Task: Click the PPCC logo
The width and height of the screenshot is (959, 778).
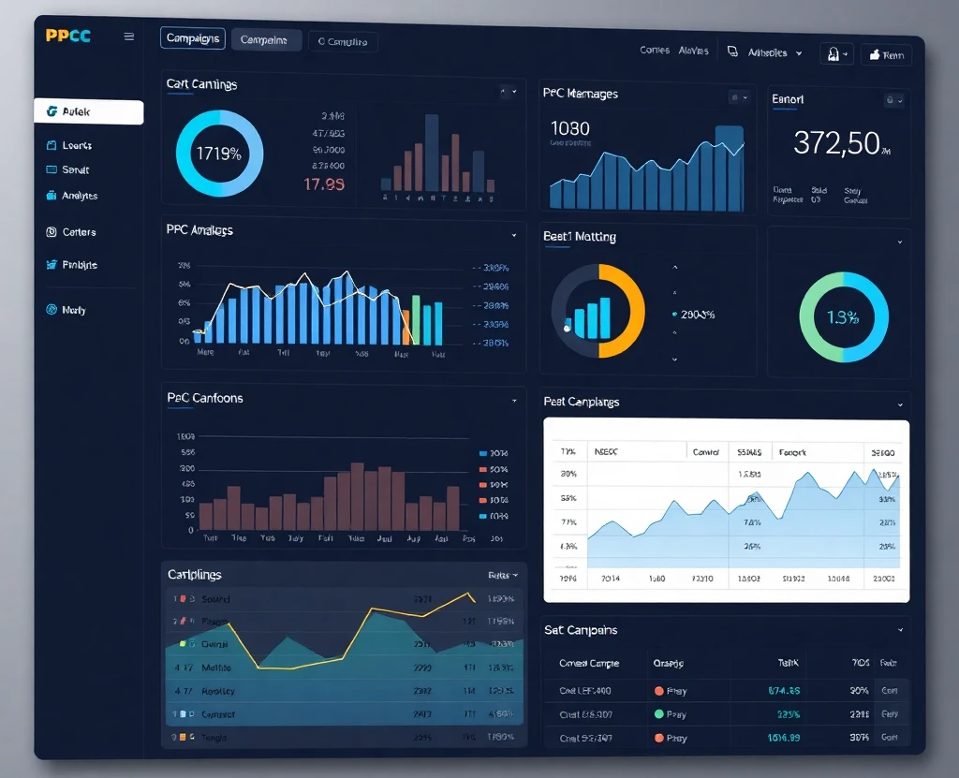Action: coord(68,37)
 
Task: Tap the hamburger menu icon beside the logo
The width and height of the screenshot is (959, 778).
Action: coord(129,37)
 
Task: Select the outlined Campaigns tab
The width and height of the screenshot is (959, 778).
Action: coord(193,38)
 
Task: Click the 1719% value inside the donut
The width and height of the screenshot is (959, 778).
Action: coord(218,154)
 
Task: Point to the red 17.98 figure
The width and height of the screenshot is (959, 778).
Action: coord(324,183)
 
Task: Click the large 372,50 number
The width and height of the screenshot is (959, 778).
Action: coord(836,143)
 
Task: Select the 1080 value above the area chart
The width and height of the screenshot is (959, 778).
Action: coord(570,128)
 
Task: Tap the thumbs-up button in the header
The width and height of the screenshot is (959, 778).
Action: coord(886,55)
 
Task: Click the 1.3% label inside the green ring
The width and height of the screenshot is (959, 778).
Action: coord(843,317)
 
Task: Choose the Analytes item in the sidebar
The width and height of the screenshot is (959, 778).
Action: coord(80,196)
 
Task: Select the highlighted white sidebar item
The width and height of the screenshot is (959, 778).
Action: coord(88,112)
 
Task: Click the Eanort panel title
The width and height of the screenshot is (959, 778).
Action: coord(788,99)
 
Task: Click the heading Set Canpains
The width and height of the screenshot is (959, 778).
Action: coord(581,630)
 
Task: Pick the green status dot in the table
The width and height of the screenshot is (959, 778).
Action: coord(658,714)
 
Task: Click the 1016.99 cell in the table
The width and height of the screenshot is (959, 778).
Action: coord(784,738)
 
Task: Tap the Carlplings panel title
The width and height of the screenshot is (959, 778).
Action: coord(194,574)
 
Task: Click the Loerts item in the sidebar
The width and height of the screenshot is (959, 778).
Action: coord(77,145)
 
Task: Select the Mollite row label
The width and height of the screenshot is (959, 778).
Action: coord(217,668)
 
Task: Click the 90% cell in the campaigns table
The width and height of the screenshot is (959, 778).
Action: coord(860,690)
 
